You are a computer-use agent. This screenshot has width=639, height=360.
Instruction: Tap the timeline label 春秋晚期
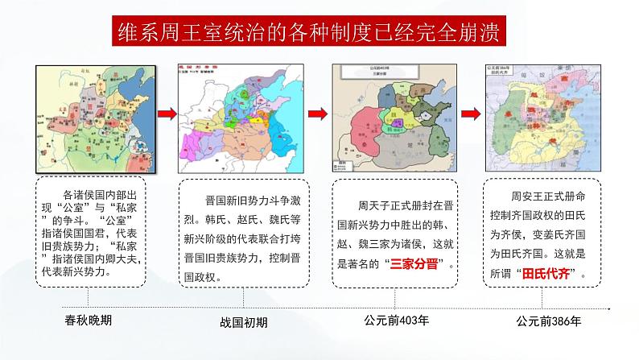89,321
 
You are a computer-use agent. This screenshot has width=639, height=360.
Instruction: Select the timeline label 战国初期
245,322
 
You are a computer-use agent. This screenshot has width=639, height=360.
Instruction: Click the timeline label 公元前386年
550,321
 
